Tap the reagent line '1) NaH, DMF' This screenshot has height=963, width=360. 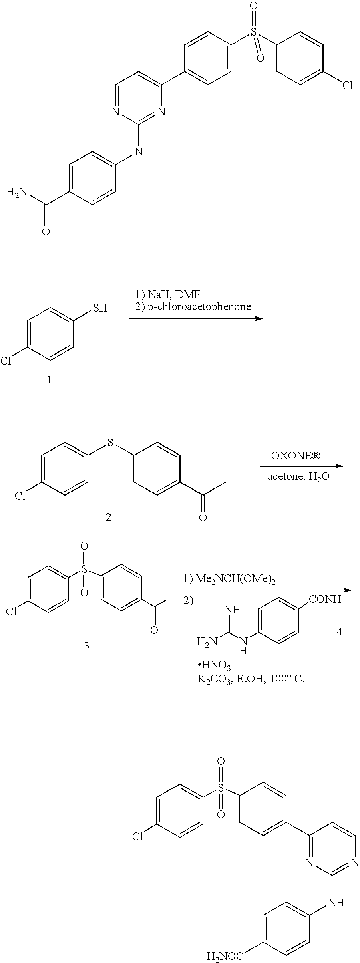(168, 295)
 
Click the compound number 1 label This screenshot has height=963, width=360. (50, 380)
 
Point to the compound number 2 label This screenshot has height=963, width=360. (108, 517)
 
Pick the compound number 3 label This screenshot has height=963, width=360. (86, 646)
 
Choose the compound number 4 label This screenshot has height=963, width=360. (340, 632)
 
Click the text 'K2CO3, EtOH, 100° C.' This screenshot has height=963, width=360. (251, 679)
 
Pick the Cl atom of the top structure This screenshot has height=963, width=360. (348, 85)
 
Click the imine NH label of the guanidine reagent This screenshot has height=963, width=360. (233, 610)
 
